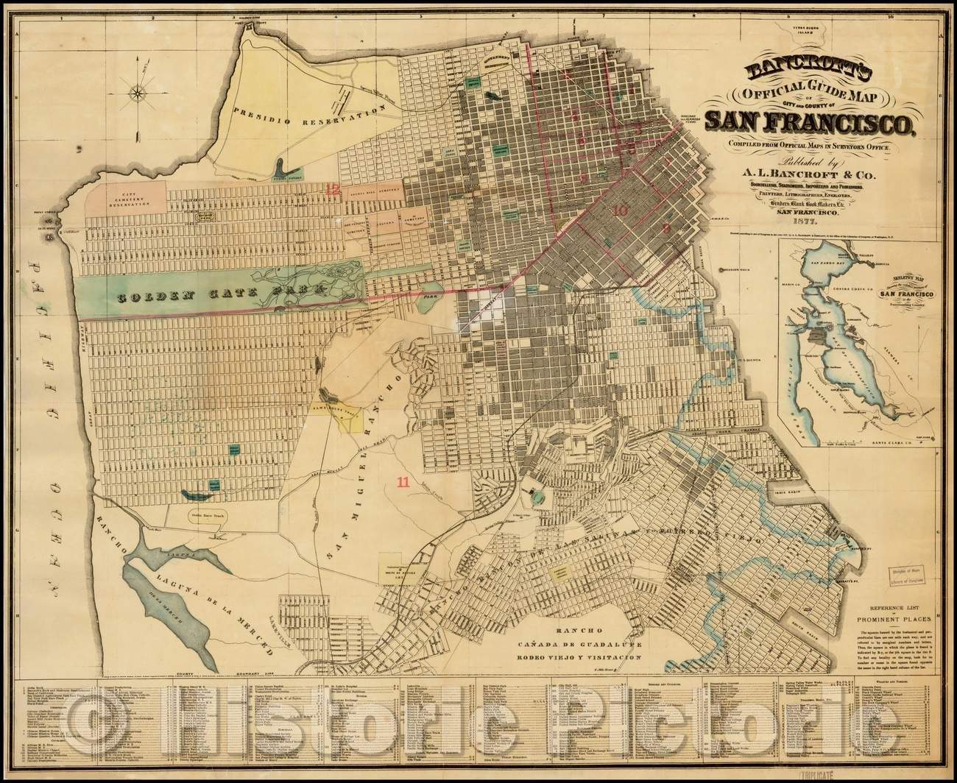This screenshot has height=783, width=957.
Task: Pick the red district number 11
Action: coord(403,483)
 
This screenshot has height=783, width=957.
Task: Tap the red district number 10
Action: coord(620,210)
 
